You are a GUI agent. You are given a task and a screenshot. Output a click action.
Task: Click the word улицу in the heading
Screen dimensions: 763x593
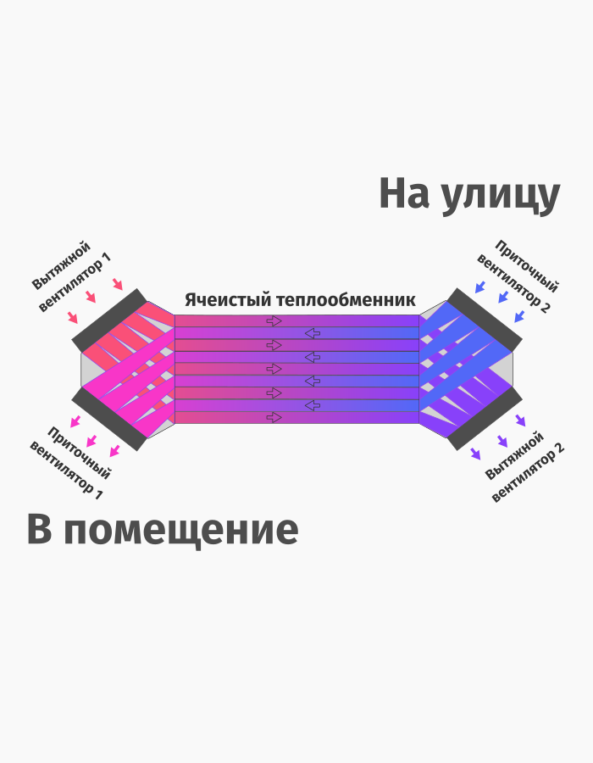(500, 197)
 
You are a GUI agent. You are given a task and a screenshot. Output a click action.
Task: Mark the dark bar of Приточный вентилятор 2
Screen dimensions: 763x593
(485, 319)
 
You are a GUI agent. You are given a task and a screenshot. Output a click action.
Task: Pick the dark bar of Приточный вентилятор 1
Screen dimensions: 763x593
(109, 420)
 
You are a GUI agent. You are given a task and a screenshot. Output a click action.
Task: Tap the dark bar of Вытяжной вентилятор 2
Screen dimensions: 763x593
(485, 420)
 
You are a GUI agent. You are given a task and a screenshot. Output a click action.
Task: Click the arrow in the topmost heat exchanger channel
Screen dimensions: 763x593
(274, 321)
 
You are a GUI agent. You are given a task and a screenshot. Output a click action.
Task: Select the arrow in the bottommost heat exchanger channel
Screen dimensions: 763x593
(274, 417)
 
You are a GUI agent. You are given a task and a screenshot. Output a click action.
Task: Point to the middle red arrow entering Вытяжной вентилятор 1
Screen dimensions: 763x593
(92, 299)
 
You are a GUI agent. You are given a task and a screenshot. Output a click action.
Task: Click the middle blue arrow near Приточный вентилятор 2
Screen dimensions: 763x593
(502, 298)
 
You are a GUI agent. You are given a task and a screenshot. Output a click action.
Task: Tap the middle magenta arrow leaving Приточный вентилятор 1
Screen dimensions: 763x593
(92, 440)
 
